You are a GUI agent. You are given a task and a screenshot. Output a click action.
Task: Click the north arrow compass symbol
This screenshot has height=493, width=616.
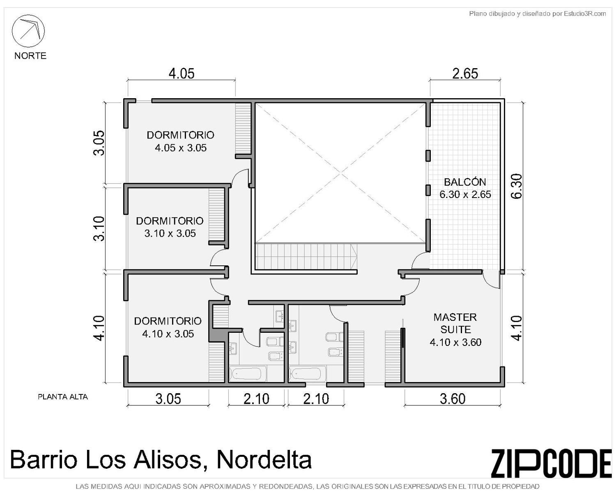(28, 31)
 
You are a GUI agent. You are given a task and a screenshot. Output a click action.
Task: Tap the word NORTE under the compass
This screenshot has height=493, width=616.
(30, 55)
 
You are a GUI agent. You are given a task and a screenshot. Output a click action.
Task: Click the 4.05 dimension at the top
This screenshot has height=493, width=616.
(182, 74)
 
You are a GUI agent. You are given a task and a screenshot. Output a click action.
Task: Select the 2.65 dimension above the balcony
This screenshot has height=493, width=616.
(465, 74)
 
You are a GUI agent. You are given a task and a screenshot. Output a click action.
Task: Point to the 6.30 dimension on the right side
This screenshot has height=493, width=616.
(517, 186)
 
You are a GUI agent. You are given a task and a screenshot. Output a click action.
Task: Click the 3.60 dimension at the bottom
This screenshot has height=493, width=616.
(453, 399)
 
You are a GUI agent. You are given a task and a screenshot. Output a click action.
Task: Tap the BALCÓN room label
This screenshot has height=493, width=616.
(465, 182)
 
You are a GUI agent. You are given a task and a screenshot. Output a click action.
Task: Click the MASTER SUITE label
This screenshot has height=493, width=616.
(455, 323)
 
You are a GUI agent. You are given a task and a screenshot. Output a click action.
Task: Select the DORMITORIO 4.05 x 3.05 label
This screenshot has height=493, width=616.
(181, 141)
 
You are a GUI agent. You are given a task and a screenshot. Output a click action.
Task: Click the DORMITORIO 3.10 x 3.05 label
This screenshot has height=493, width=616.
(170, 227)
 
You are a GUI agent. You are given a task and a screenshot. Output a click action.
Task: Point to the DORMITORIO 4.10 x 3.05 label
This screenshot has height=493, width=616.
(168, 327)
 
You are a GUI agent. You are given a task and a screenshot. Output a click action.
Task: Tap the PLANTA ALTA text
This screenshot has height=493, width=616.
(63, 397)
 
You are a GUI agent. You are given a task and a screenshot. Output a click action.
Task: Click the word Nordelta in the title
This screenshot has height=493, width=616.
(264, 459)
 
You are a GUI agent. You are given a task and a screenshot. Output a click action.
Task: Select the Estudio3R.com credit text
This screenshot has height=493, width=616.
(584, 14)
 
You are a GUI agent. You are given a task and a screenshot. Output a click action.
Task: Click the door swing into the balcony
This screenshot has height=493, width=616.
(420, 261)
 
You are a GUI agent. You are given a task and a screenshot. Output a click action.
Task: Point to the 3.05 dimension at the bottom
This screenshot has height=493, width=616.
(168, 399)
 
